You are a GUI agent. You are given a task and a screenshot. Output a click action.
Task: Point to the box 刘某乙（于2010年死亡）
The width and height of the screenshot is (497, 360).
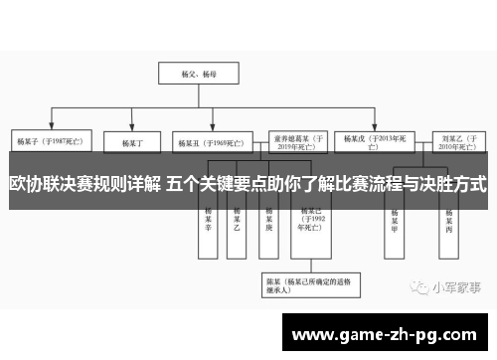coord(451,141)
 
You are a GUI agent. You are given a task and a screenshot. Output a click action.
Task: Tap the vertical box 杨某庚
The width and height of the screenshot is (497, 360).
coord(269,221)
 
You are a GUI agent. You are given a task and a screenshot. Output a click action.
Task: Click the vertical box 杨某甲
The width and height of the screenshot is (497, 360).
coord(395,221)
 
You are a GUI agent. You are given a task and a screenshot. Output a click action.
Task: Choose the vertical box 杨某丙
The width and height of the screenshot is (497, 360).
coord(450,221)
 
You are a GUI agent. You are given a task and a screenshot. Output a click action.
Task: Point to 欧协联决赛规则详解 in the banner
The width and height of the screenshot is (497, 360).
coord(84,183)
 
